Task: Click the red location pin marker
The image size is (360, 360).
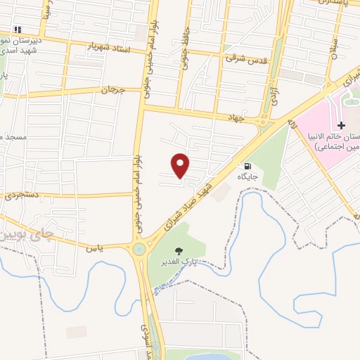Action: [181, 164]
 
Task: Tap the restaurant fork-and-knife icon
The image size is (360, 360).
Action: [18, 29]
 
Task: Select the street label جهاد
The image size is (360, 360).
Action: [235, 117]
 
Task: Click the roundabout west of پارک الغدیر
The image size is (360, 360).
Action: [139, 248]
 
